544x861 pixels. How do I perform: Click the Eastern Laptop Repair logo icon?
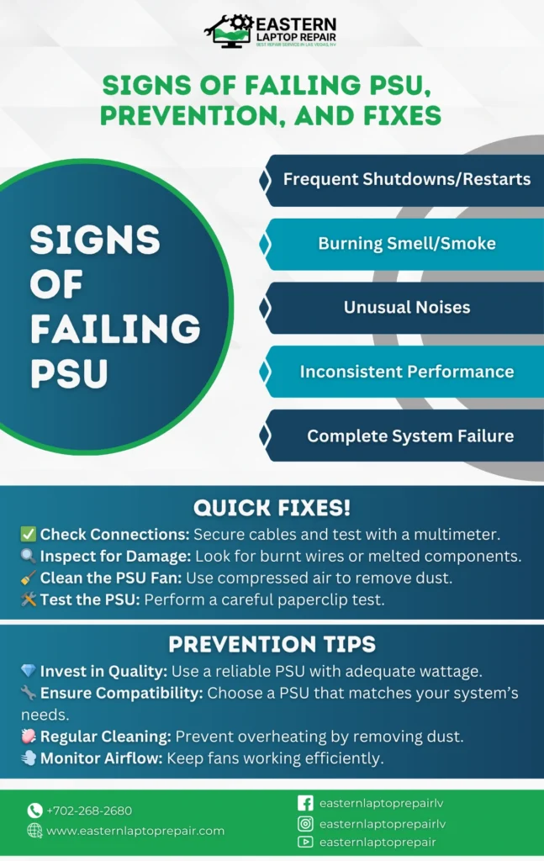point(229,31)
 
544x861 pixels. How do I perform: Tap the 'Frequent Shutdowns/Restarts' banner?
point(406,179)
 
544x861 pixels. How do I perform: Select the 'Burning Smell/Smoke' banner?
point(406,244)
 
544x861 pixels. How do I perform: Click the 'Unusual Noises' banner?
point(406,308)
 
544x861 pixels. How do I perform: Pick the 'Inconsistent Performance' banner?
point(406,372)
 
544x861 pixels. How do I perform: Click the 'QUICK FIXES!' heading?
point(272,508)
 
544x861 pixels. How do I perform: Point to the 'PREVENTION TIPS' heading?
point(272,644)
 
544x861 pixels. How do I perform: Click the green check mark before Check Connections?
point(29,535)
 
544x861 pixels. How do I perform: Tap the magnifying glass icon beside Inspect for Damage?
point(29,556)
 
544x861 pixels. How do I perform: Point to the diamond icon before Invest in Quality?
point(29,672)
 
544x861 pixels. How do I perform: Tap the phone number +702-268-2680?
point(89,811)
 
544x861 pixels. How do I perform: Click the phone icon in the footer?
point(34,811)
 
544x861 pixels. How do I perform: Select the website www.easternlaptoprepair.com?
point(135,831)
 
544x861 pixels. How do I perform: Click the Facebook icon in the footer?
point(305,804)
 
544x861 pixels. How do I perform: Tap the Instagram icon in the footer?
point(305,824)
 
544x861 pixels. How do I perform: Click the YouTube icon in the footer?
point(305,843)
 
